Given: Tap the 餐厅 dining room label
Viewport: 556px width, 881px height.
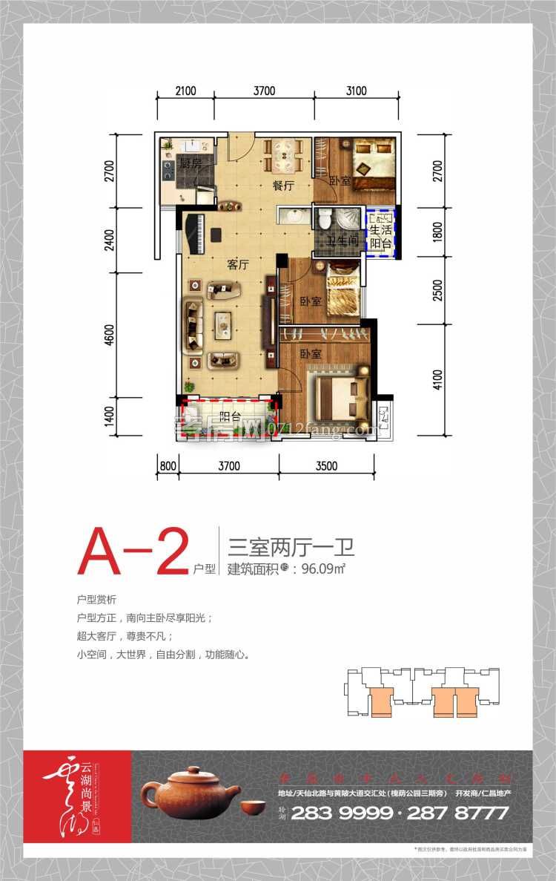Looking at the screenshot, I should click(x=283, y=187).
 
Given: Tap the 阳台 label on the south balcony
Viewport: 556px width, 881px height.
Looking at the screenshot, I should click(x=230, y=416).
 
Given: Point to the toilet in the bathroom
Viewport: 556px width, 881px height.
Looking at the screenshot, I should click(x=323, y=220).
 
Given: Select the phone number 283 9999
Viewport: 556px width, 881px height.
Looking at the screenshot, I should click(x=341, y=813).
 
